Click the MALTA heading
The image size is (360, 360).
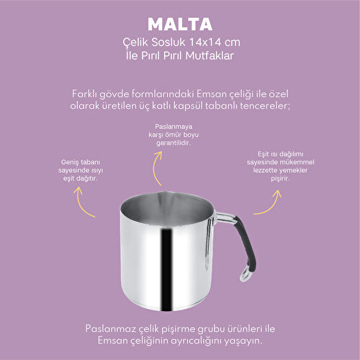[180, 24]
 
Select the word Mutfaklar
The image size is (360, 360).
[210, 55]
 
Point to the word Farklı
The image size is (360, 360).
[84, 94]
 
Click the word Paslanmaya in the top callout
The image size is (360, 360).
[174, 127]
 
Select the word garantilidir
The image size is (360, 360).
[174, 143]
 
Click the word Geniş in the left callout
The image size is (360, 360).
[70, 162]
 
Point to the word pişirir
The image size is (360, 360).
[280, 179]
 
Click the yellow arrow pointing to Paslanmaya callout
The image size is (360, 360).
[156, 167]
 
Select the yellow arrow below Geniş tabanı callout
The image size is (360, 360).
[81, 204]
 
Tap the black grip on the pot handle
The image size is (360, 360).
[246, 243]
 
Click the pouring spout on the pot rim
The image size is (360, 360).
[165, 194]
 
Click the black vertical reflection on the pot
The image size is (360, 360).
[166, 269]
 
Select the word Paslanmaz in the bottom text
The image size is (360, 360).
[111, 328]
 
